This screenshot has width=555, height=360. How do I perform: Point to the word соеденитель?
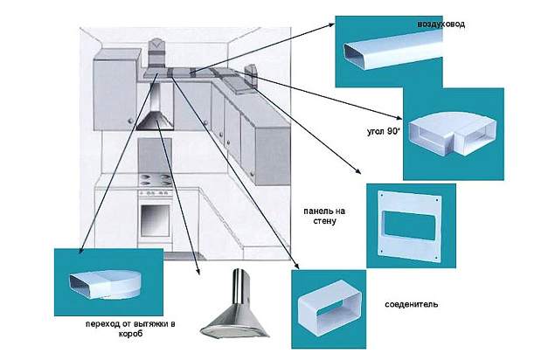(411, 305)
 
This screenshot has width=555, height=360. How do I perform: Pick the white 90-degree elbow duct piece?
(452, 136)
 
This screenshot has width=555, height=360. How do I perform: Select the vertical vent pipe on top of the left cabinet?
(157, 52)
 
